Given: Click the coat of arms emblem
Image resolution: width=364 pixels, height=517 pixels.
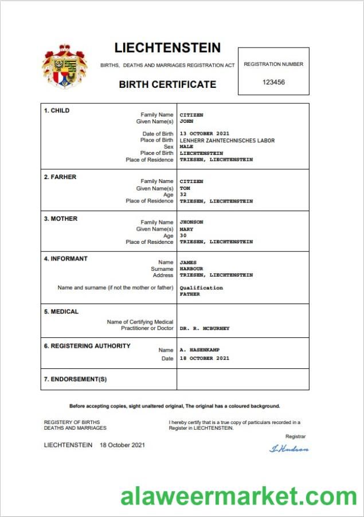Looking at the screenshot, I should pyautogui.click(x=64, y=67).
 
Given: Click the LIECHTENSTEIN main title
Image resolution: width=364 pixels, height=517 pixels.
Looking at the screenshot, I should pyautogui.click(x=167, y=48).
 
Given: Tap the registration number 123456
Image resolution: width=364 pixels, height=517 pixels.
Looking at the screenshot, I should pyautogui.click(x=273, y=82).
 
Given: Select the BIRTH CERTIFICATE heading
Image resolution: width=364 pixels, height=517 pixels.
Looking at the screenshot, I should pyautogui.click(x=167, y=84).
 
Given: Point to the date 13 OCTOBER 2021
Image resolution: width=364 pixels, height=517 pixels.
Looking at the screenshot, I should pyautogui.click(x=204, y=134).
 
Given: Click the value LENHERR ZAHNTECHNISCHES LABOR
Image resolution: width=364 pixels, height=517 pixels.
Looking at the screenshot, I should pyautogui.click(x=227, y=141).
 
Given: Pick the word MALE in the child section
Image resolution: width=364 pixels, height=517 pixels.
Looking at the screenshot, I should pyautogui.click(x=186, y=147).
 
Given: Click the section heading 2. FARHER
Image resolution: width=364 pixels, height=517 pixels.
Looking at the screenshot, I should pyautogui.click(x=60, y=177).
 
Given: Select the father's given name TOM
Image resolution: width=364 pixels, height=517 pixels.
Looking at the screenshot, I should pyautogui.click(x=185, y=188).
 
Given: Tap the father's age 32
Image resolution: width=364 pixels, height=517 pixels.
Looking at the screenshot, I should pyautogui.click(x=183, y=195).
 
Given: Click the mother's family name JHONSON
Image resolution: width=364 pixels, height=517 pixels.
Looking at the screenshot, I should pyautogui.click(x=191, y=222).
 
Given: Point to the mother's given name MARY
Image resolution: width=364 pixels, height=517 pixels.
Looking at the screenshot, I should pyautogui.click(x=186, y=229).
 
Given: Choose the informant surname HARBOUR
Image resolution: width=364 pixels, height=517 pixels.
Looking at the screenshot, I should pyautogui.click(x=191, y=269).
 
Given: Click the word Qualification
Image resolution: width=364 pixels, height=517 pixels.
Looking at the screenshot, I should pyautogui.click(x=201, y=287).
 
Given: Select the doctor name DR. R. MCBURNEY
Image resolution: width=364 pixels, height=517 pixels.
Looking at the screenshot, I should pyautogui.click(x=205, y=328).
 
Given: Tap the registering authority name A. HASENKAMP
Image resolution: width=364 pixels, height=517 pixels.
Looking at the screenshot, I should pyautogui.click(x=199, y=349).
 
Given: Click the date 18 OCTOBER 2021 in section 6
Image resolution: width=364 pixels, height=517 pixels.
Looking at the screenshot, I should pyautogui.click(x=204, y=358).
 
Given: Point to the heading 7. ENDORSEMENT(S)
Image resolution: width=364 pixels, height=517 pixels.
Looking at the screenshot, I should pyautogui.click(x=76, y=379).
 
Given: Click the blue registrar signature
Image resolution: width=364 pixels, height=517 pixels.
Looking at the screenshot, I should pyautogui.click(x=289, y=448).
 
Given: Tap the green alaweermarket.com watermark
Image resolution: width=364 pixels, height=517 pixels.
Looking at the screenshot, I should pyautogui.click(x=238, y=496).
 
